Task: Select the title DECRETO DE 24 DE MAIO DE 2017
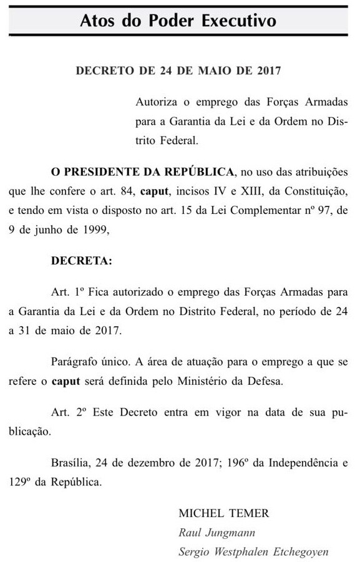point(178,70)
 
